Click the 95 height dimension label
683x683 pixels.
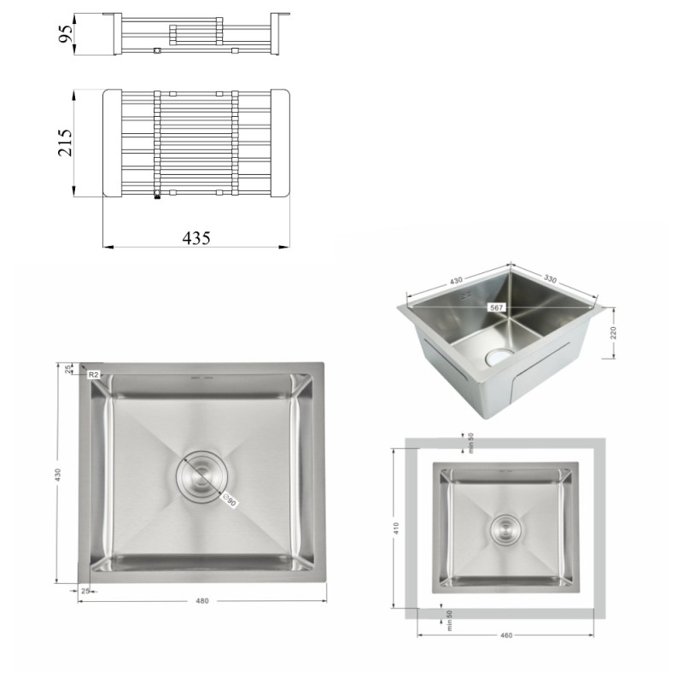pos(66,34)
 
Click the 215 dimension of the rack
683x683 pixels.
pos(66,143)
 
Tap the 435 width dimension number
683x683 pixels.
pos(196,238)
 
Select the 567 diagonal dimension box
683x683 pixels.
pos(496,307)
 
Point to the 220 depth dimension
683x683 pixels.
pos(613,333)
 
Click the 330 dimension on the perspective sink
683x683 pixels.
pos(550,279)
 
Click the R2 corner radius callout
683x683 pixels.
pos(94,375)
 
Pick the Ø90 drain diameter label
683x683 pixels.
pos(230,501)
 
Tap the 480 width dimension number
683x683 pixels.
pos(202,601)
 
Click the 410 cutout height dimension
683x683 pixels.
pos(396,528)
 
